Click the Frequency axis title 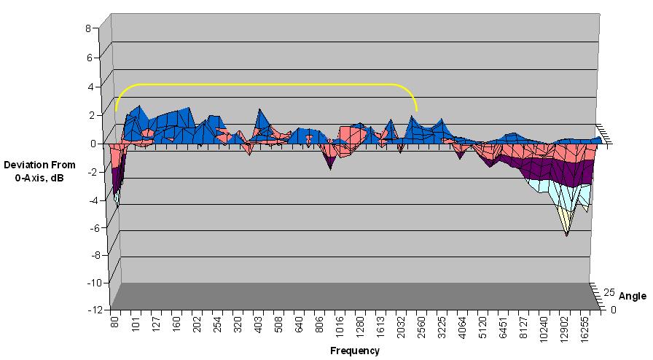click(x=354, y=351)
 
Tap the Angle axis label click(x=632, y=296)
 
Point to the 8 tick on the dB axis click(x=87, y=28)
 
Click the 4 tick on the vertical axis click(x=87, y=86)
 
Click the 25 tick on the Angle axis click(x=609, y=293)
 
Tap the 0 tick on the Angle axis click(x=612, y=309)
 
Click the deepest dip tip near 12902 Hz click(x=566, y=235)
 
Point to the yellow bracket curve click(x=266, y=85)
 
